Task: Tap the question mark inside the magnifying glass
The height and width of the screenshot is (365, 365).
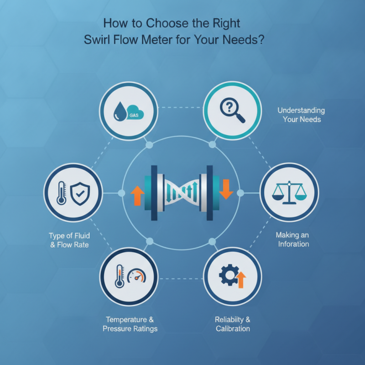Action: pyautogui.click(x=229, y=107)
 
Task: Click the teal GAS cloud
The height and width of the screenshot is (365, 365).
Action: pyautogui.click(x=135, y=112)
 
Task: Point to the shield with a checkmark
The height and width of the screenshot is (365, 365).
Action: pyautogui.click(x=80, y=193)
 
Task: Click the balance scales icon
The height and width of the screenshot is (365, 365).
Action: pyautogui.click(x=289, y=193)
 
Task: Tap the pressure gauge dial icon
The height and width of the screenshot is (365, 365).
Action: pyautogui.click(x=136, y=276)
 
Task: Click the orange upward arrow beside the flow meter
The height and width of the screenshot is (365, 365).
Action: pyautogui.click(x=138, y=196)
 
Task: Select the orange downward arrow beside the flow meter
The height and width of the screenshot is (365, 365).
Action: pyautogui.click(x=226, y=189)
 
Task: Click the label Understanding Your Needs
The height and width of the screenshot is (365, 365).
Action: pyautogui.click(x=301, y=115)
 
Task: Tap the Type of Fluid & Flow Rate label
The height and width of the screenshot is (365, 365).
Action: pyautogui.click(x=69, y=240)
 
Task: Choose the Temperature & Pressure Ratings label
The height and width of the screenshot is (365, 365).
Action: pyautogui.click(x=130, y=324)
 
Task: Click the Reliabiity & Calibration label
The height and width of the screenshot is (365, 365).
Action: pyautogui.click(x=233, y=324)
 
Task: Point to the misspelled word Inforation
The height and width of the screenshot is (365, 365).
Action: pyautogui.click(x=293, y=244)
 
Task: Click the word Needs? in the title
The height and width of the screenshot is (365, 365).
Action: pyautogui.click(x=243, y=40)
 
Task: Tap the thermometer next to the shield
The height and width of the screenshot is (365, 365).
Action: pyautogui.click(x=61, y=193)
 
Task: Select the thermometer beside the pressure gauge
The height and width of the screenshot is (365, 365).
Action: pyautogui.click(x=120, y=276)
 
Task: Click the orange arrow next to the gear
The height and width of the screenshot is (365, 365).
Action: pyautogui.click(x=241, y=280)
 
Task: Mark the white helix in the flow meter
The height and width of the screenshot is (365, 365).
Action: pyautogui.click(x=181, y=192)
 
